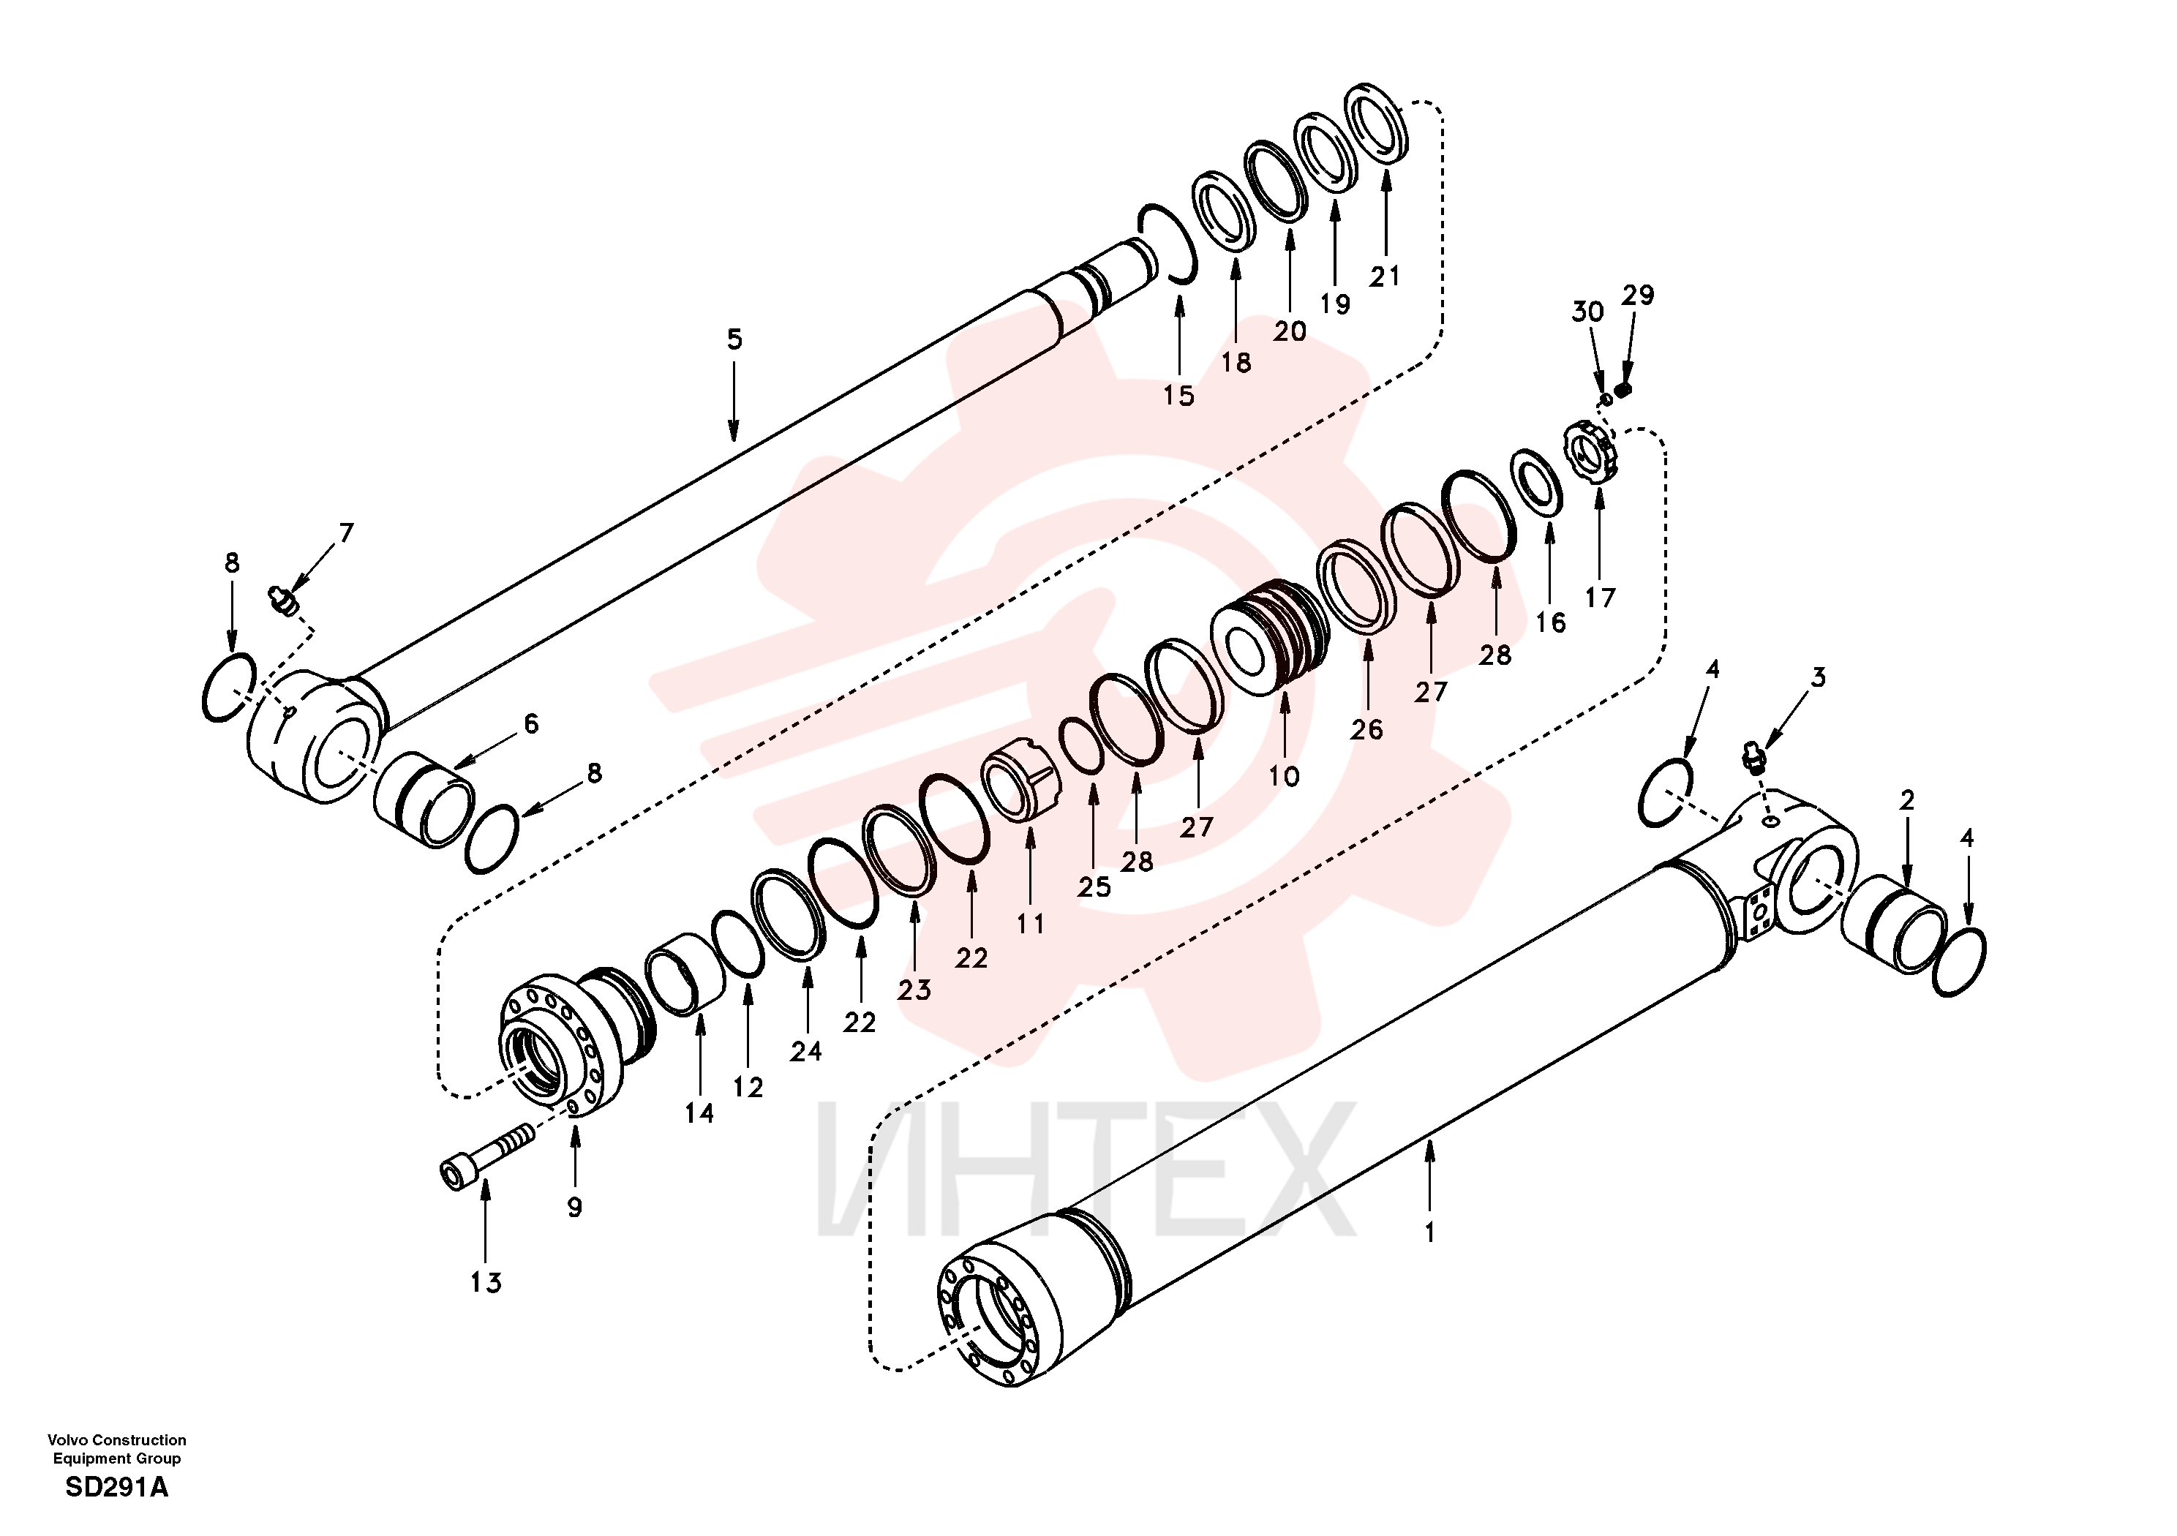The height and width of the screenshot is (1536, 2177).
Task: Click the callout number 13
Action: click(x=486, y=1283)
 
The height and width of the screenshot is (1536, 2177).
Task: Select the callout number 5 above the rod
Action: click(x=735, y=339)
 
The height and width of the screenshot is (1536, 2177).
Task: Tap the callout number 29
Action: click(x=1637, y=295)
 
